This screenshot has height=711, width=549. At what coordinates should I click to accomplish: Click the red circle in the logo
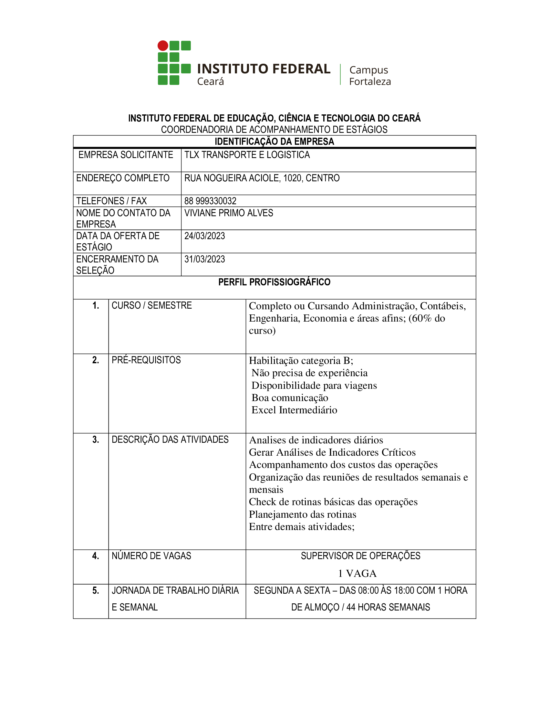[163, 46]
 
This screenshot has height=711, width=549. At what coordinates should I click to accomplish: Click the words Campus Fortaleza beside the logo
[370, 76]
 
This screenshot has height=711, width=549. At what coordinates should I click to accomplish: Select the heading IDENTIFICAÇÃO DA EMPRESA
[274, 142]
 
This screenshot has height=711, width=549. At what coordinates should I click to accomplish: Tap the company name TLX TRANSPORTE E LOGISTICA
[247, 155]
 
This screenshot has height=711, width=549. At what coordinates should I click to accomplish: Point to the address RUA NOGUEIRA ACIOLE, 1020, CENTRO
[262, 178]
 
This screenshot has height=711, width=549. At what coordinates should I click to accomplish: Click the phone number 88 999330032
[210, 201]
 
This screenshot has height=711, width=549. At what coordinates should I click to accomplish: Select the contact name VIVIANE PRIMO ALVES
[229, 213]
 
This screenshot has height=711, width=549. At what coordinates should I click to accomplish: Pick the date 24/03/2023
[204, 236]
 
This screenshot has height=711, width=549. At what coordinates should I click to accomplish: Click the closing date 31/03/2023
[204, 259]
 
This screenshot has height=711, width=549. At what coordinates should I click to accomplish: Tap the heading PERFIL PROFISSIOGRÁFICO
[274, 282]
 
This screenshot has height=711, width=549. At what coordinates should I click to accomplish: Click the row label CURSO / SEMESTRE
[151, 305]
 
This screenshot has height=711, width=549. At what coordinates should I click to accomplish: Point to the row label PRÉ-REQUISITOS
[146, 360]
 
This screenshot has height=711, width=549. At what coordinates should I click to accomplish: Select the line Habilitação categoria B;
[301, 361]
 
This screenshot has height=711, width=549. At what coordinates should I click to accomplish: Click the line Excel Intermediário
[294, 410]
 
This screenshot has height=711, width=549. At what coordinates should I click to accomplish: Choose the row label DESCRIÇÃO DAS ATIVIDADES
[170, 440]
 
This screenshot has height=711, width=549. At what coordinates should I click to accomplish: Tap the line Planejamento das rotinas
[303, 515]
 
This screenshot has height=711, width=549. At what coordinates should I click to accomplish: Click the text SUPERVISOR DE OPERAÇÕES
[360, 556]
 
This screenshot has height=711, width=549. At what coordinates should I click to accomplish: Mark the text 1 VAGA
[357, 573]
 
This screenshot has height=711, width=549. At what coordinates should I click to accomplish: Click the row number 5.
[95, 590]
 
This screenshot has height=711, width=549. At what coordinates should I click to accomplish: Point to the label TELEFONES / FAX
[111, 201]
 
